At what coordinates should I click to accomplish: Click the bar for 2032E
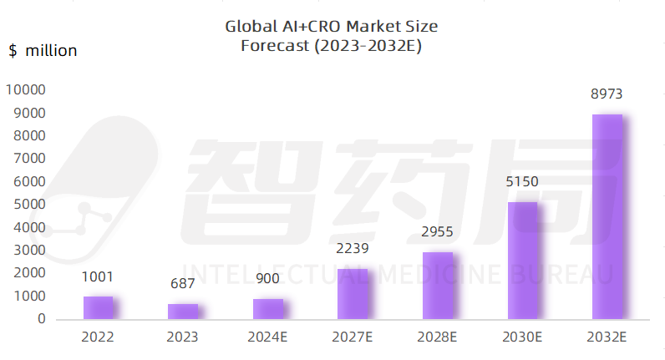(607, 216)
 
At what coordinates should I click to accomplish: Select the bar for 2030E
(523, 261)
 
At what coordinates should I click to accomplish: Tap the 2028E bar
(438, 286)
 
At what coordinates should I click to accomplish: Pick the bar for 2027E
(353, 294)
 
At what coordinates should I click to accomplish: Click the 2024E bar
(268, 309)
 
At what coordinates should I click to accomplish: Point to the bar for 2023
(183, 312)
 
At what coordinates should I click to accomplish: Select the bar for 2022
(98, 307)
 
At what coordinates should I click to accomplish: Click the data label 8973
(607, 94)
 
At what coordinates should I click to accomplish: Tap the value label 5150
(523, 181)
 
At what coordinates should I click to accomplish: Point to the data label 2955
(438, 231)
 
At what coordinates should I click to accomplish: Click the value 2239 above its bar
(353, 248)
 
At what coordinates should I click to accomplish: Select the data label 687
(183, 284)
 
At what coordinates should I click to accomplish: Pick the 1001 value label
(98, 276)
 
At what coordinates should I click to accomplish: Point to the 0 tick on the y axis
(42, 319)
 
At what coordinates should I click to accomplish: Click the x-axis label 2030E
(523, 337)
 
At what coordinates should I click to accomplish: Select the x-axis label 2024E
(268, 337)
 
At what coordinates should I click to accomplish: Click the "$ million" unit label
(43, 51)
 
